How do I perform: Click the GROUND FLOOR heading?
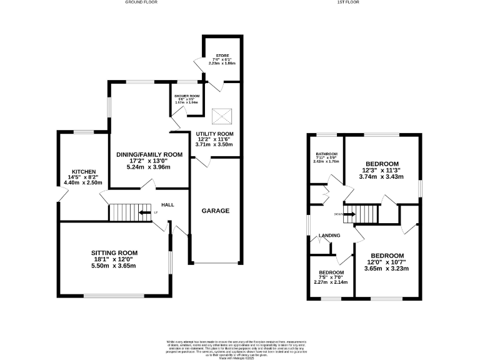(x=141, y=2)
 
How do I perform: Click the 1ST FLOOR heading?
(x=348, y=2)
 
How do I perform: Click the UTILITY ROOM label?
(x=214, y=134)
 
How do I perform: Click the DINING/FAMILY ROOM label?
(x=149, y=154)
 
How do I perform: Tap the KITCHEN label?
(x=84, y=172)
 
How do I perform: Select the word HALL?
(x=167, y=205)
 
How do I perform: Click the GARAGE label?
(x=215, y=211)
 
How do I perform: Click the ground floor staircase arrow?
(x=144, y=212)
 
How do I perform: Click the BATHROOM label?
(x=327, y=154)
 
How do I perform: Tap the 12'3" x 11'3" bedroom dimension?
(x=381, y=170)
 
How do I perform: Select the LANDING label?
(x=329, y=236)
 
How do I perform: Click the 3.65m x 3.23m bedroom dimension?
(x=387, y=268)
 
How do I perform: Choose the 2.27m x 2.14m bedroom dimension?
(x=331, y=282)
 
